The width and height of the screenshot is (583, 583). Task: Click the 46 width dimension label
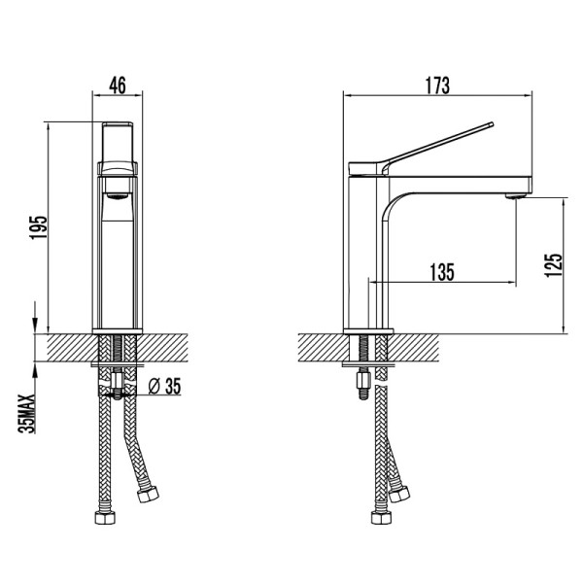tap(118, 85)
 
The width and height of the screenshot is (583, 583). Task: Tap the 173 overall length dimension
tap(437, 85)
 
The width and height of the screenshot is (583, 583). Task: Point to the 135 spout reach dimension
tap(441, 272)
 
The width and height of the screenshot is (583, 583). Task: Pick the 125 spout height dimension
tap(555, 263)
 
